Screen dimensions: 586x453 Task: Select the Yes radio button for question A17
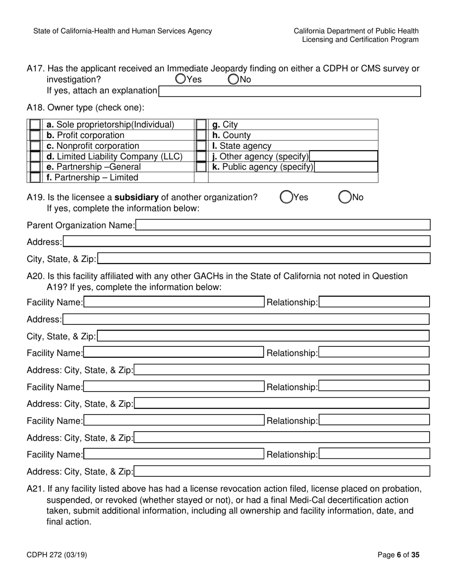point(180,79)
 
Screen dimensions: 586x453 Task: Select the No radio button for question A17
point(233,79)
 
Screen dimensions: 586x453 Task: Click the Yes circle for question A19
point(286,197)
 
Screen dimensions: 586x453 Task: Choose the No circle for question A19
point(345,197)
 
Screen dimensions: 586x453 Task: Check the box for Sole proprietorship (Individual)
point(35,125)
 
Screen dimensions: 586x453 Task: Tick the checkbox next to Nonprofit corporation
point(35,146)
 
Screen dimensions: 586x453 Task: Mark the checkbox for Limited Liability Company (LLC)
point(35,156)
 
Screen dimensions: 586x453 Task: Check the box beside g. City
point(201,125)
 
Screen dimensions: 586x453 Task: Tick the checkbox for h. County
point(201,135)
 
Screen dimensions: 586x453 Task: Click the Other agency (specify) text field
point(343,156)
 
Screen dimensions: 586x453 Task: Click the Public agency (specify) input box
point(346,167)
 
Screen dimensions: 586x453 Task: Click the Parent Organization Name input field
point(283,225)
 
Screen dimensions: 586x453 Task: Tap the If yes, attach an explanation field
point(289,91)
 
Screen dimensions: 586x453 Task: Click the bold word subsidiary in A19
point(136,197)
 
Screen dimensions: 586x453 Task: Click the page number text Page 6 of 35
point(398,555)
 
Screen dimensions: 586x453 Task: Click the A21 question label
point(35,489)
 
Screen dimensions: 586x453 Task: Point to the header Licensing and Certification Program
point(360,40)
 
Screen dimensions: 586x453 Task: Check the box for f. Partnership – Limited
point(35,177)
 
